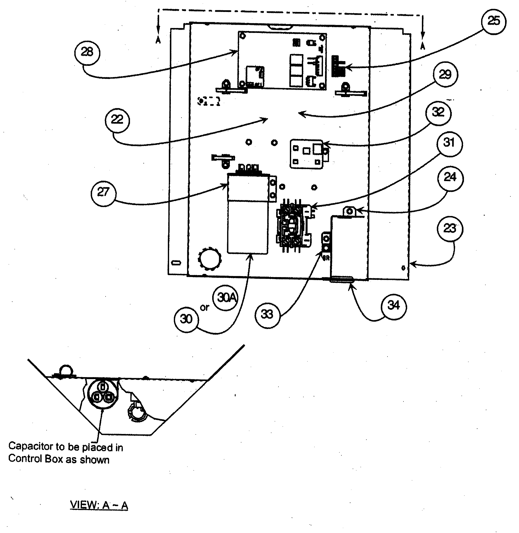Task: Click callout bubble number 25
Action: tap(493, 21)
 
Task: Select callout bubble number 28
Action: tap(87, 52)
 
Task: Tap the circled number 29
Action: tap(445, 75)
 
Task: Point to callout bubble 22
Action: tap(117, 120)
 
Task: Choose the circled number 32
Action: tap(438, 112)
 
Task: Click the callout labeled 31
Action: tap(449, 143)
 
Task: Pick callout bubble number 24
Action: tap(450, 178)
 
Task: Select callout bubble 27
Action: tap(103, 193)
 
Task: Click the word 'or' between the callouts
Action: tap(204, 308)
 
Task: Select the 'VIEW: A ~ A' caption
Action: tap(99, 505)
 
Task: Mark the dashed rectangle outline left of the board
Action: tap(208, 101)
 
